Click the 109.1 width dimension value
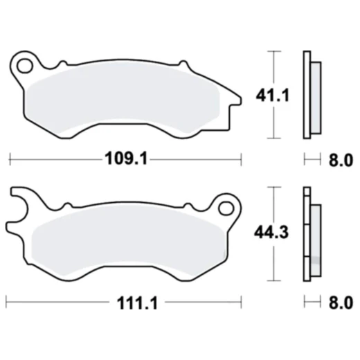click(x=125, y=160)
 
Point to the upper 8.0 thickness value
click(x=339, y=161)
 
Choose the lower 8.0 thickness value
click(x=339, y=303)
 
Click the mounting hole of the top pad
click(x=27, y=67)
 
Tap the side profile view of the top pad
click(x=311, y=95)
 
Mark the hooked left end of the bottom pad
click(x=17, y=208)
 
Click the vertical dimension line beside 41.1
click(x=276, y=95)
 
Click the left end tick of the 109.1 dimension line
click(x=10, y=160)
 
